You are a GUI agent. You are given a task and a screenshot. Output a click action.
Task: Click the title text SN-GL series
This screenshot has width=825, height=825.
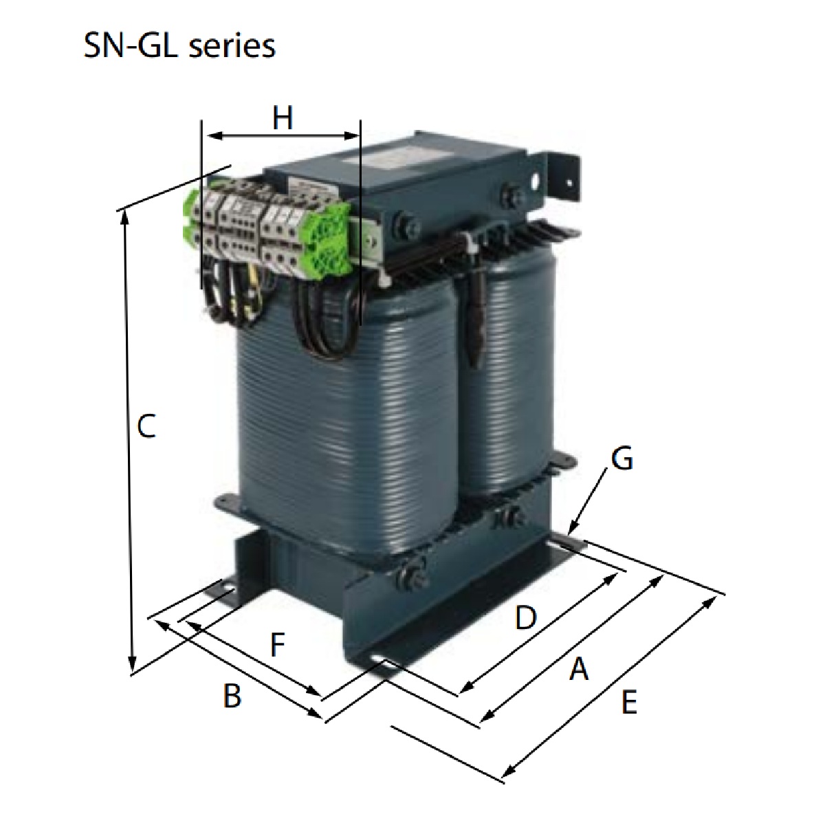click(179, 46)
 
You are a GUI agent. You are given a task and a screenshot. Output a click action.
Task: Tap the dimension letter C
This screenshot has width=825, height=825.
click(146, 426)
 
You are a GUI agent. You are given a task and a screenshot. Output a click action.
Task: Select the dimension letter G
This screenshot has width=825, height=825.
click(621, 459)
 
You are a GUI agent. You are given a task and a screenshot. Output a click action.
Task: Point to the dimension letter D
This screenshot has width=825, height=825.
click(525, 617)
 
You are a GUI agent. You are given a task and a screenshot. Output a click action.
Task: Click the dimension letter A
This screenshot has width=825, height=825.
click(579, 668)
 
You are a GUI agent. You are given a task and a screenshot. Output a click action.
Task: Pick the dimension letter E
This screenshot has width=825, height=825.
click(628, 703)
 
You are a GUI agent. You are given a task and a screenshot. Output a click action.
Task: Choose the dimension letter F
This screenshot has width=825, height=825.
click(276, 645)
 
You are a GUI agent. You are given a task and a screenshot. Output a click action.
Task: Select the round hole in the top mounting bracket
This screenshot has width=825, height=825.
click(537, 184)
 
